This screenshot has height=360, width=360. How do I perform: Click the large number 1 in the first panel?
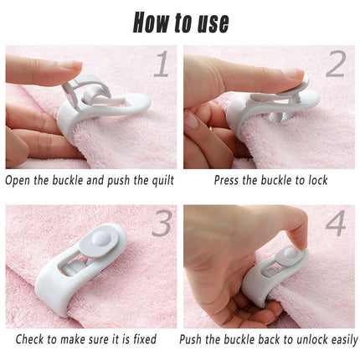coord(162,64)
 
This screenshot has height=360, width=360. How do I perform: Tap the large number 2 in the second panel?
coord(336,64)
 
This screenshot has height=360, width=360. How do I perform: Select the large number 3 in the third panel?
coord(162,224)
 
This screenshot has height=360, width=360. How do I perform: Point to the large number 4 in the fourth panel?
coord(336,224)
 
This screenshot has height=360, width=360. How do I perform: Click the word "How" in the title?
coord(151,23)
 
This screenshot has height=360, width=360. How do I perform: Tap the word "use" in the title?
coord(213,24)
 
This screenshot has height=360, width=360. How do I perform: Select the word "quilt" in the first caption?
coord(163,181)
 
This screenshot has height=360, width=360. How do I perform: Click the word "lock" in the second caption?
coord(318,180)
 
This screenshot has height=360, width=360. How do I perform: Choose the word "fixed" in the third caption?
coord(145,339)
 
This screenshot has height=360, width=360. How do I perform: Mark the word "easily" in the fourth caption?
coord(345,340)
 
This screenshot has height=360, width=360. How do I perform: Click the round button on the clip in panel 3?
coord(100,239)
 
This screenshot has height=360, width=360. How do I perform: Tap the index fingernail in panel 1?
coord(71,65)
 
